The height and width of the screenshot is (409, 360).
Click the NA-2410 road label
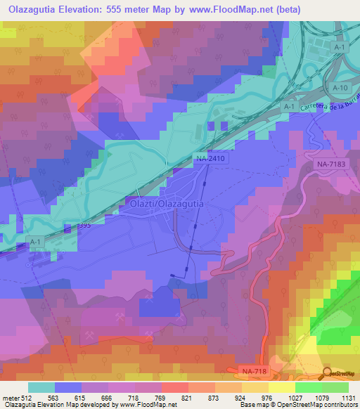tap(210, 160)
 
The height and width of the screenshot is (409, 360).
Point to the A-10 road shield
tap(340, 87)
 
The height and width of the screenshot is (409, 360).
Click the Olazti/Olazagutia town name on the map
tap(167, 203)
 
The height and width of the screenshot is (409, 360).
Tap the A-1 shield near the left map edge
tap(35, 240)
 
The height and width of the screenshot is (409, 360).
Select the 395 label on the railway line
tap(84, 226)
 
